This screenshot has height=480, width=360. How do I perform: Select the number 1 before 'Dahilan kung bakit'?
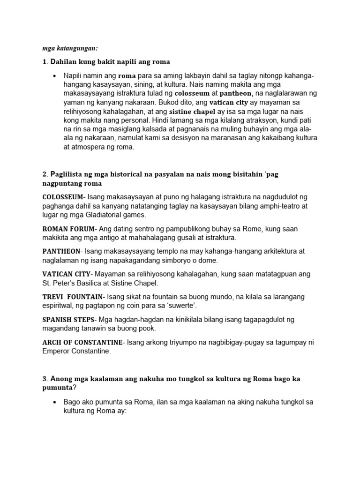coord(44,62)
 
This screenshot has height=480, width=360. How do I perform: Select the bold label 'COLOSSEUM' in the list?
coord(63,196)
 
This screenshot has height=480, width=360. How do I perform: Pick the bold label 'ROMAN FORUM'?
coord(68,229)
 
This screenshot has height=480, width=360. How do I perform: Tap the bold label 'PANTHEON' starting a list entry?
coord(61,251)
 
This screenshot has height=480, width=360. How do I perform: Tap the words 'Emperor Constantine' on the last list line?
coord(76,351)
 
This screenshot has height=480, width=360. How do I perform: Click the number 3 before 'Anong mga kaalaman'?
coord(44,379)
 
